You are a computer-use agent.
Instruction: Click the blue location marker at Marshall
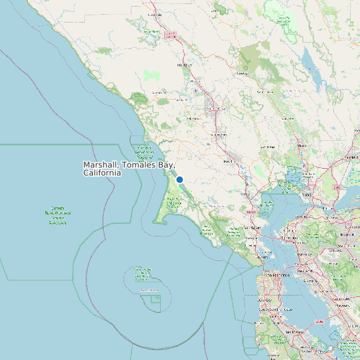179,179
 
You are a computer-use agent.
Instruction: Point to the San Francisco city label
274,275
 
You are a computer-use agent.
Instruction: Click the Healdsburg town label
184,65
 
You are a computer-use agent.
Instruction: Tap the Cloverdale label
155,14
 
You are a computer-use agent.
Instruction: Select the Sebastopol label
194,118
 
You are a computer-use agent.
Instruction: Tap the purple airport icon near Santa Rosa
197,91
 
